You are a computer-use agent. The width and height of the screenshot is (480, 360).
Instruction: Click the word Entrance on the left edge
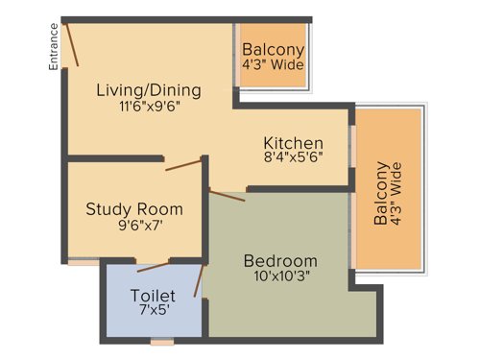tap(55, 47)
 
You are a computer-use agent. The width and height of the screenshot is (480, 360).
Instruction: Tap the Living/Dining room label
tap(149, 90)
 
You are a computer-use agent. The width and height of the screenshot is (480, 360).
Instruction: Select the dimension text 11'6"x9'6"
tap(149, 107)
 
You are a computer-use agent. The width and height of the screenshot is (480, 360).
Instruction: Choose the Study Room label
tap(134, 208)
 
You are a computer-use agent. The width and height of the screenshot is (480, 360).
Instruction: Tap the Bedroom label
tap(279, 260)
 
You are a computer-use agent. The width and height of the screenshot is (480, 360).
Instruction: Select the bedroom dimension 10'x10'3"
tap(279, 277)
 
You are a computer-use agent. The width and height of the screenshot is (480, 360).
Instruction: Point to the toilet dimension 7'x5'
tap(153, 312)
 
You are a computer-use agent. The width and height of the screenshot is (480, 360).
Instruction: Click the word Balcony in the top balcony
tap(273, 50)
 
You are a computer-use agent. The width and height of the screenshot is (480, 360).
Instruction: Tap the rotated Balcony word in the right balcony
tap(381, 193)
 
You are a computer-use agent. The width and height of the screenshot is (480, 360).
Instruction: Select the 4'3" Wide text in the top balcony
tap(273, 66)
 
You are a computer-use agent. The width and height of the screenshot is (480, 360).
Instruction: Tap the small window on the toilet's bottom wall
tap(162, 341)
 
